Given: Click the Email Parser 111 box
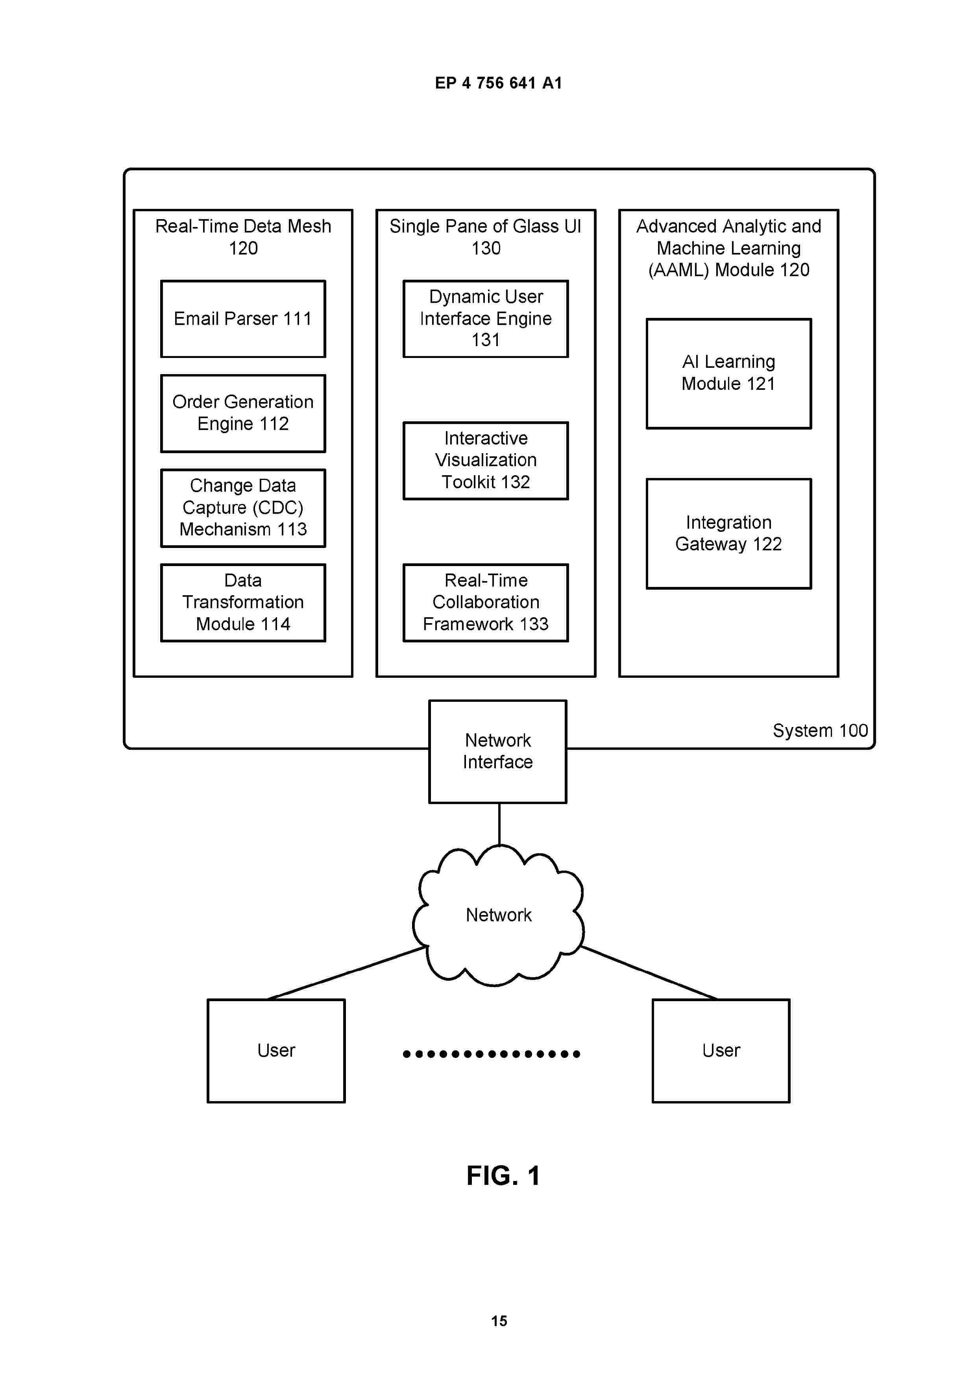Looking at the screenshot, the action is [243, 319].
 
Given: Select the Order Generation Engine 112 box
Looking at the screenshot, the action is [243, 413].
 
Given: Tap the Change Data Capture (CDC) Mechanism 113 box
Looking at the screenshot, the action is [243, 508].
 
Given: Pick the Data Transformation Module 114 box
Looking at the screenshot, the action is [243, 602].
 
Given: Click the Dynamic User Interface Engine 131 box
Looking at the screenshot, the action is [486, 319].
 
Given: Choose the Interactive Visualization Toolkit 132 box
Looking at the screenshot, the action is [486, 460].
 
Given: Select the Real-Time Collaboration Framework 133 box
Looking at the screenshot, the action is [486, 602].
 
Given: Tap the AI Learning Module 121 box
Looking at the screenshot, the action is [729, 373].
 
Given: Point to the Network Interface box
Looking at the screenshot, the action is [498, 751].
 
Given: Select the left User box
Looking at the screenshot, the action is [276, 1051].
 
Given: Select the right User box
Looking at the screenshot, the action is [721, 1051].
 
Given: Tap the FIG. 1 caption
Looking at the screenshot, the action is [503, 1176].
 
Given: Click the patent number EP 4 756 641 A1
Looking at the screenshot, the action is [499, 83].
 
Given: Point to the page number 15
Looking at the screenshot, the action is [499, 1321].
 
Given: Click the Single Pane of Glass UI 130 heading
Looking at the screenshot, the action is [486, 237].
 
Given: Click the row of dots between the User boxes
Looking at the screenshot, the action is [491, 1053].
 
